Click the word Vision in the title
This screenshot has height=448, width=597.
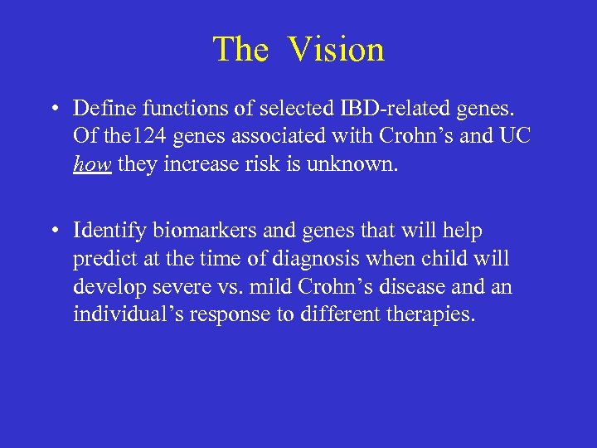[336, 49]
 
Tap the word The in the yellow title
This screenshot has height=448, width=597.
[240, 49]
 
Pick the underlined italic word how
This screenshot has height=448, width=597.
[91, 164]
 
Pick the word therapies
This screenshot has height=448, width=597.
[429, 315]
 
